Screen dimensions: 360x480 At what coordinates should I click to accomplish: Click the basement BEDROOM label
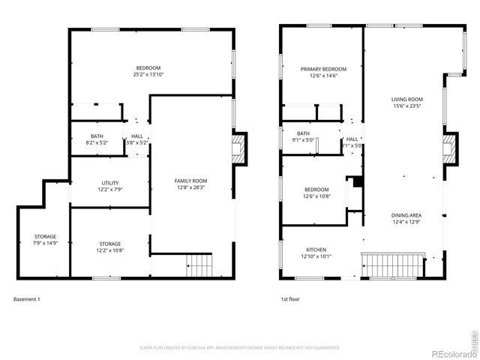[x=148, y=71]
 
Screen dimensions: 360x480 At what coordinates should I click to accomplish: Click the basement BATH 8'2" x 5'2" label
[x=97, y=139]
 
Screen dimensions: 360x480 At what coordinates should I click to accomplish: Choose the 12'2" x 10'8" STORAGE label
[x=110, y=247]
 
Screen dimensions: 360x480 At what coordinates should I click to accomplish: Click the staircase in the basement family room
[x=199, y=265]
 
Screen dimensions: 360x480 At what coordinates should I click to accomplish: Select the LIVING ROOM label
[x=407, y=103]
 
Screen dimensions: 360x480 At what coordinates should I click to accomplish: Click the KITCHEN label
[x=316, y=253]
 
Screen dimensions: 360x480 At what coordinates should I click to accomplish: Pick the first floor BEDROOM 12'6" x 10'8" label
[x=316, y=193]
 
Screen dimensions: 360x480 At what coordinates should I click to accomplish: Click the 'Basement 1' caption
[x=27, y=299]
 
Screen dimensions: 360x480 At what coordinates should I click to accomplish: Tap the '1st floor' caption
[x=290, y=299]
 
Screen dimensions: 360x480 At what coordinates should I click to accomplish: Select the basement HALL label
[x=137, y=139]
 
